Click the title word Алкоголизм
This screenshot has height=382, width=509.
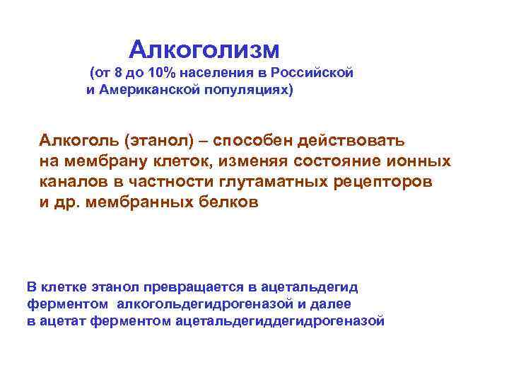[x=204, y=50]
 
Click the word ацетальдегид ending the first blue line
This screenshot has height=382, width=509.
[x=310, y=287]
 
